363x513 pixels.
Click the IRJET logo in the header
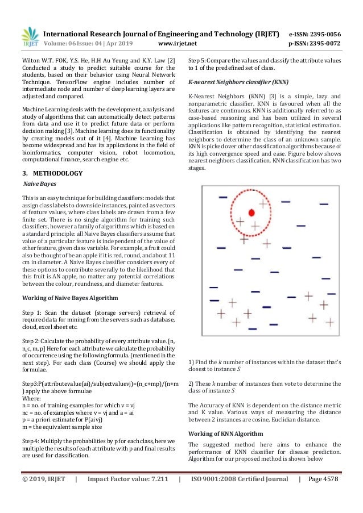click(x=30, y=37)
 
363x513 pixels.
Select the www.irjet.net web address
click(x=177, y=43)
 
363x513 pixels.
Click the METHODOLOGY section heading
click(x=56, y=173)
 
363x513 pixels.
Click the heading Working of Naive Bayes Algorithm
click(x=69, y=297)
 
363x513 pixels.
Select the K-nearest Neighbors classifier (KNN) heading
click(x=229, y=82)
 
